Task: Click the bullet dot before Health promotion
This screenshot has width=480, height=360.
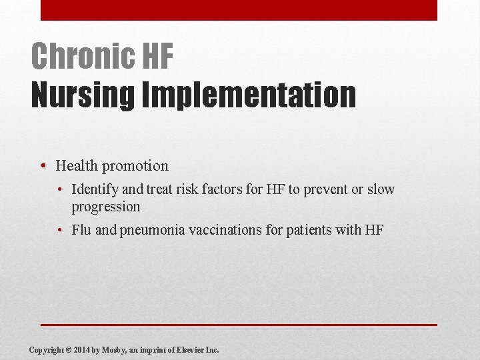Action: [42, 166]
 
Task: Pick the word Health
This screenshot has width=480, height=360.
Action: [77, 165]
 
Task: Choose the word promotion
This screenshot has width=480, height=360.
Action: [135, 165]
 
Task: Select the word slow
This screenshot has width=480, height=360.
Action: [381, 189]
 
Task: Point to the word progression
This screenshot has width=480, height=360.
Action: [106, 207]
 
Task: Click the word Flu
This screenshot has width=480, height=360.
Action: [82, 231]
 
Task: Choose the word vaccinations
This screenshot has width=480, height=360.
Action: [221, 231]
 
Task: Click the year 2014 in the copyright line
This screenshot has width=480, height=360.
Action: [84, 349]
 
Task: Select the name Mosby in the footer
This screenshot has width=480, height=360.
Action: [117, 349]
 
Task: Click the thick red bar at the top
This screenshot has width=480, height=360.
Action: [239, 10]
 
